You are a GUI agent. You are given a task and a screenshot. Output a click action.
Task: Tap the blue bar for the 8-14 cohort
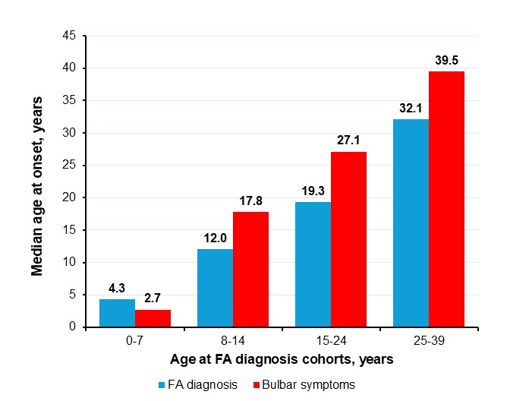(215, 288)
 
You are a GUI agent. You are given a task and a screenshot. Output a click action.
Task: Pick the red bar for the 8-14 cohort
(250, 269)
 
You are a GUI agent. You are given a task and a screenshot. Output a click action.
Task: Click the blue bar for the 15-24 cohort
(313, 264)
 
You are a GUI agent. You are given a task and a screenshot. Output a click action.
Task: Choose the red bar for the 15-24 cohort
(348, 239)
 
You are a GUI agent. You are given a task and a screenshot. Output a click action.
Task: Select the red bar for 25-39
(446, 199)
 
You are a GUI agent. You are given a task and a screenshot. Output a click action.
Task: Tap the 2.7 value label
(153, 301)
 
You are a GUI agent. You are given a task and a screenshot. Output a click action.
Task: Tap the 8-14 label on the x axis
(233, 342)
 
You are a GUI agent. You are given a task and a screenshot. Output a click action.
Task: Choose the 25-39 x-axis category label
(429, 342)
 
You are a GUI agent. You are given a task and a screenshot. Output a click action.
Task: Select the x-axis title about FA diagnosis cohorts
(282, 361)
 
